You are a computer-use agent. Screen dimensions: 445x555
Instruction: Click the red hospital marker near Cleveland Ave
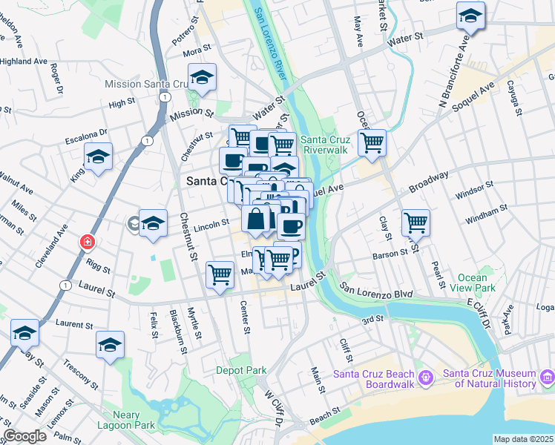88,242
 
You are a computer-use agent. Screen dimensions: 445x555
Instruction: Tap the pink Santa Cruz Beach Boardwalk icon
425,378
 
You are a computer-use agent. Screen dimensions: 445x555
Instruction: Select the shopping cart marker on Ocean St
372,142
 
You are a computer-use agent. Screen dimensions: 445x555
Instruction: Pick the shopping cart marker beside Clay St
416,221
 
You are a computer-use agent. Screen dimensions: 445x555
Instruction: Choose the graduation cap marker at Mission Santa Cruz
202,77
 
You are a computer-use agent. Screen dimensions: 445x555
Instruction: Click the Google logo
25,436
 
